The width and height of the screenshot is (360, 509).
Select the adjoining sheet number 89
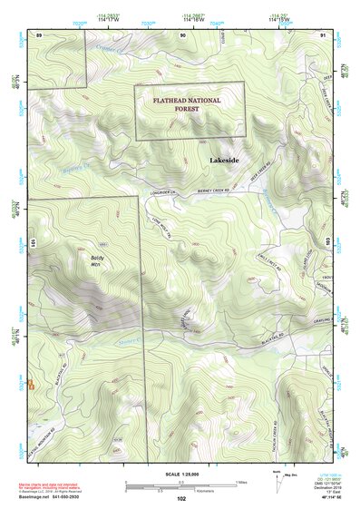39,34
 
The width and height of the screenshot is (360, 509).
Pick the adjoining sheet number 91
324,34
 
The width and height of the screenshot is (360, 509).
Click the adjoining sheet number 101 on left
33,243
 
